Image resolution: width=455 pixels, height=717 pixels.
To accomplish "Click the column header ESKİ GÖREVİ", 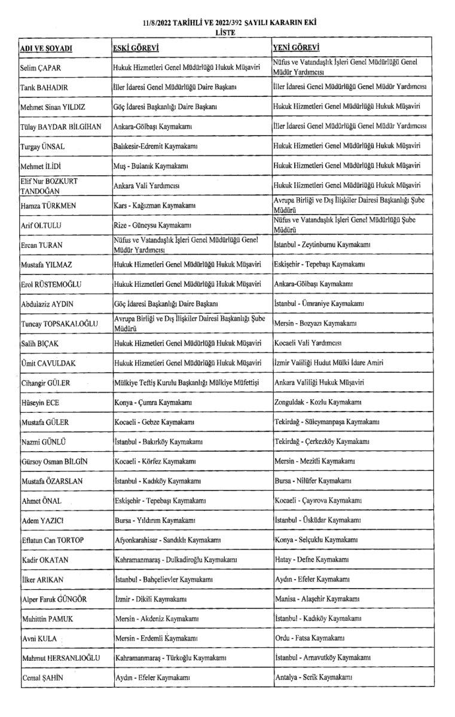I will click(x=136, y=47).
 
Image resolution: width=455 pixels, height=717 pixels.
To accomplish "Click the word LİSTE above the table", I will click(x=225, y=33).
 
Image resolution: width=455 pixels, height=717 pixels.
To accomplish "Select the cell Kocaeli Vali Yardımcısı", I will click(x=307, y=344).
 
